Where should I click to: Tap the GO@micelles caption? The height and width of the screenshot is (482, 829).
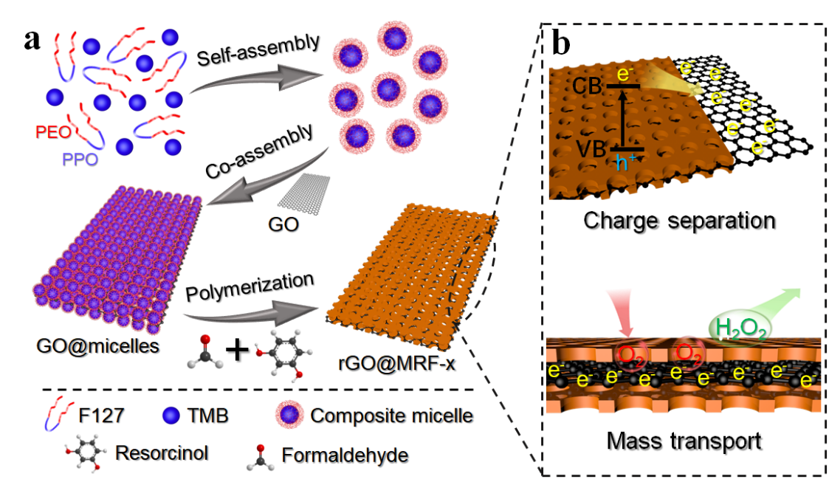tap(92, 345)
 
